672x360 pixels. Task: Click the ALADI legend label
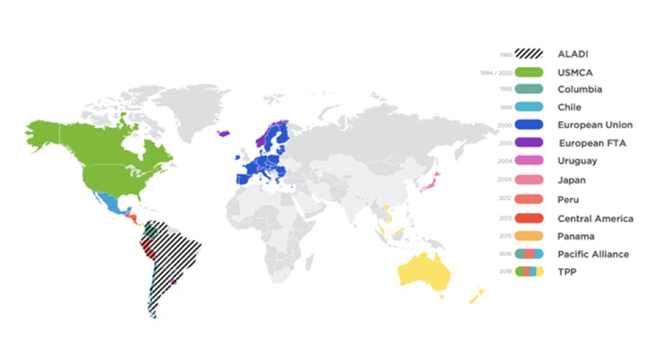(x=573, y=54)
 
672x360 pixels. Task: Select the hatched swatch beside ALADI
(x=529, y=54)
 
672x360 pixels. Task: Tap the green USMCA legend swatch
(x=529, y=72)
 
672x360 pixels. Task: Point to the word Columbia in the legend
(x=580, y=89)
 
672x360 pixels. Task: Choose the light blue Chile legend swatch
(x=529, y=107)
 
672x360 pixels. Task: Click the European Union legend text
(x=595, y=125)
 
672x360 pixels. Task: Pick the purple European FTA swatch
(x=529, y=142)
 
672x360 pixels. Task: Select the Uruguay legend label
(x=577, y=161)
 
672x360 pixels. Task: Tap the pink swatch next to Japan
(x=529, y=180)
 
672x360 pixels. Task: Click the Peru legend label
(x=568, y=200)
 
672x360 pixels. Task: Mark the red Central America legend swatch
(x=529, y=218)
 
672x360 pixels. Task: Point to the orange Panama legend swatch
(x=529, y=236)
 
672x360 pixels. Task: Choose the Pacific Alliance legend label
(x=593, y=254)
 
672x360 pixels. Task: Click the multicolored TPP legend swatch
(x=529, y=271)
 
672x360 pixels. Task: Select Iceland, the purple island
(x=223, y=134)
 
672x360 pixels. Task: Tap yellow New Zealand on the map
(x=476, y=296)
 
